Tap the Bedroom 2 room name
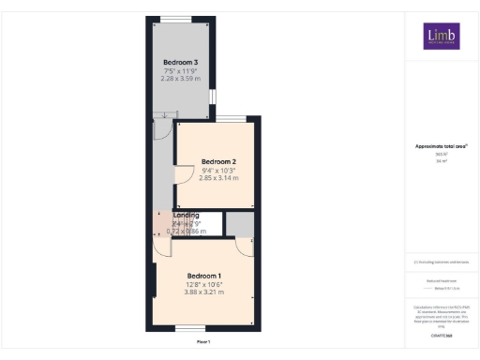[x=218, y=161]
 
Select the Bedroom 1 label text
[x=204, y=275]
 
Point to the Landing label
[x=186, y=216]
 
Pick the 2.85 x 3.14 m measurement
[x=218, y=178]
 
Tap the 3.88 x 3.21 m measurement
[x=204, y=292]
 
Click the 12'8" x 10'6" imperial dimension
[x=204, y=284]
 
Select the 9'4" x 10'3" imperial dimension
[x=218, y=170]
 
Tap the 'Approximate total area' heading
[x=441, y=147]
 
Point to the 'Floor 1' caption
[x=203, y=343]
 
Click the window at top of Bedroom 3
[x=174, y=19]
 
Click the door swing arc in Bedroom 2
[x=185, y=174]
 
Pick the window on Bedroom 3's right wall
[x=212, y=97]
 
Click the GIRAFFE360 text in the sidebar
[x=441, y=333]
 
